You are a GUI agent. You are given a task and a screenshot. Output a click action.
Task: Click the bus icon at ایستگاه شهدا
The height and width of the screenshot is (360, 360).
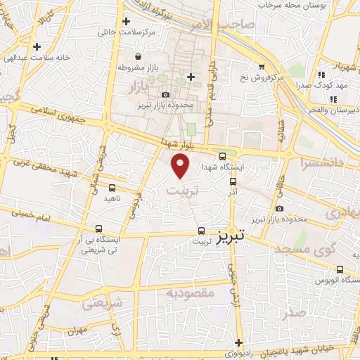[x=223, y=157]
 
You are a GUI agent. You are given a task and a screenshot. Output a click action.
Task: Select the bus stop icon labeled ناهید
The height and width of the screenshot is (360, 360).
[x=112, y=188]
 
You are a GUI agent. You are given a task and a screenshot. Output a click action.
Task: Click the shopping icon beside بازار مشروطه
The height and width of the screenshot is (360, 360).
[x=137, y=57]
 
